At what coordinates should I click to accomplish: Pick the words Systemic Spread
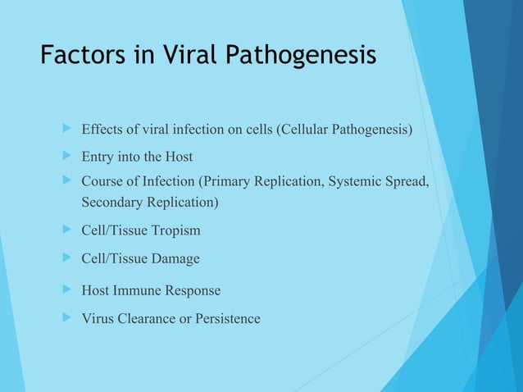(x=378, y=180)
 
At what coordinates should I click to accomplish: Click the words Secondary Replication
(x=149, y=201)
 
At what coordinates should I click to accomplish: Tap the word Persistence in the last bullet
(x=228, y=318)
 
